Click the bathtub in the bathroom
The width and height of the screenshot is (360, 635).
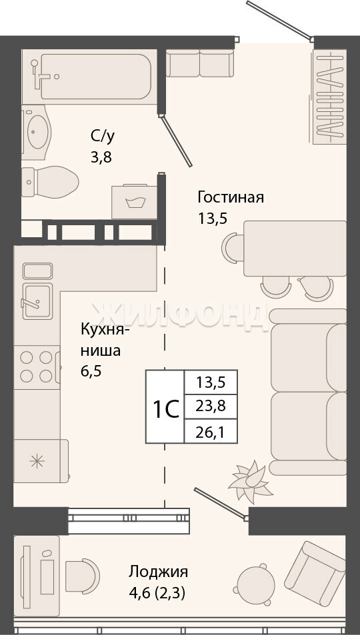tap(89, 77)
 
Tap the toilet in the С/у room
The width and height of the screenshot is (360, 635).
tap(50, 182)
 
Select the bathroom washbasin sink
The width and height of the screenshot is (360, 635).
tap(37, 132)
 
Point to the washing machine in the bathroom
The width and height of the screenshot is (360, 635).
tap(135, 202)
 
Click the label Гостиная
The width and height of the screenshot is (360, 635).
tap(231, 198)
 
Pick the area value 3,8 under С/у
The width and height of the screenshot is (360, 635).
tap(101, 157)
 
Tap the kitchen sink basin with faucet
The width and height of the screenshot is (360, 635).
tap(37, 301)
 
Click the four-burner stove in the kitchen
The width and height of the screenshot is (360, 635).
tap(37, 367)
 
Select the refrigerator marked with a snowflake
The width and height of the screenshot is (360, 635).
tap(41, 461)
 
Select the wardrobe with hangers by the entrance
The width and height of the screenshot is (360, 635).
tap(329, 97)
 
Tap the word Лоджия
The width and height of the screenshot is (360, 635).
tap(158, 572)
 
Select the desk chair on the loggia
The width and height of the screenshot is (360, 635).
tap(82, 576)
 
